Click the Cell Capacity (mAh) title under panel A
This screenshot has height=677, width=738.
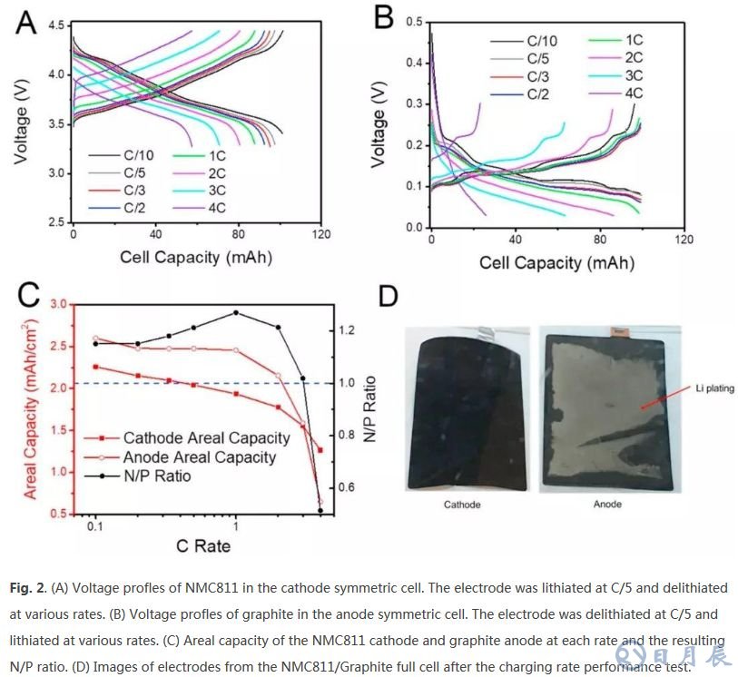(195, 257)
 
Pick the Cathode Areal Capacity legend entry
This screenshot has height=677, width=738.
(206, 438)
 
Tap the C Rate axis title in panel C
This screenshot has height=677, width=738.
(202, 545)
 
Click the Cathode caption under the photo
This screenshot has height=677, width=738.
(462, 505)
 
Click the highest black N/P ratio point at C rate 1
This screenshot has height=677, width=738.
(236, 312)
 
